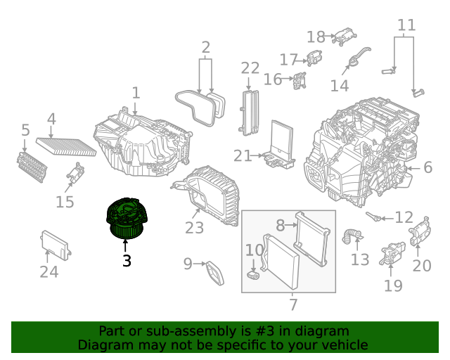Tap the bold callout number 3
coord(127,261)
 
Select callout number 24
coord(49,271)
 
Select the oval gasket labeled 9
coord(215,271)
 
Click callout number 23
coord(194,228)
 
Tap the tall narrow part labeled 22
coord(248,113)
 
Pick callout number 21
coord(243,155)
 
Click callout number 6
coord(427,167)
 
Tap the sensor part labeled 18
coord(343,36)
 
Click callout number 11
coord(406,26)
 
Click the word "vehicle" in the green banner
coord(345,345)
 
